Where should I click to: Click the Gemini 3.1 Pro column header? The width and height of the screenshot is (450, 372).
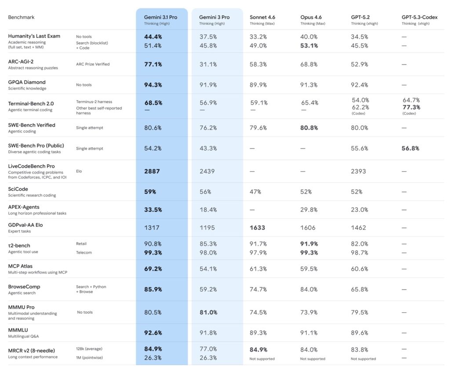point(160,17)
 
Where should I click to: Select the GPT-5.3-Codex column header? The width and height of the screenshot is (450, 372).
point(421,17)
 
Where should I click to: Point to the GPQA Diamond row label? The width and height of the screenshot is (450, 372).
point(27,82)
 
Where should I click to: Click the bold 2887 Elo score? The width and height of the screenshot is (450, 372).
point(152,171)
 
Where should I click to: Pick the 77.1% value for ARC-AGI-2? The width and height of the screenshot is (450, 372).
point(153,64)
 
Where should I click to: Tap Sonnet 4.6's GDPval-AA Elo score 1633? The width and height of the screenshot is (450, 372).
point(258,228)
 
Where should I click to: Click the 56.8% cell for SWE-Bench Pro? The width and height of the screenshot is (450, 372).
point(410,148)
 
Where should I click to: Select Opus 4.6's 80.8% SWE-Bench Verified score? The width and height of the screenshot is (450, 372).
point(309,128)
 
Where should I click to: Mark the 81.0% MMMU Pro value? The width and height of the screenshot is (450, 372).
point(208,312)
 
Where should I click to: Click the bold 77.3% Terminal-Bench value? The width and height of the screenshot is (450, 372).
point(411,107)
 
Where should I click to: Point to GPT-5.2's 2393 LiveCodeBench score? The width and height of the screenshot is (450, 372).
point(359,171)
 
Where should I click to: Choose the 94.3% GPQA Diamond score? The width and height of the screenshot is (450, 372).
point(153,85)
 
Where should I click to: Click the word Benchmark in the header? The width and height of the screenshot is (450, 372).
point(21,17)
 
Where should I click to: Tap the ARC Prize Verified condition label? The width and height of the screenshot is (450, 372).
point(93,64)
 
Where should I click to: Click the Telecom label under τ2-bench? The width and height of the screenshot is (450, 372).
point(83,252)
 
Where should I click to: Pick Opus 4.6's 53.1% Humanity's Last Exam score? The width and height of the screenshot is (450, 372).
point(309,45)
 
